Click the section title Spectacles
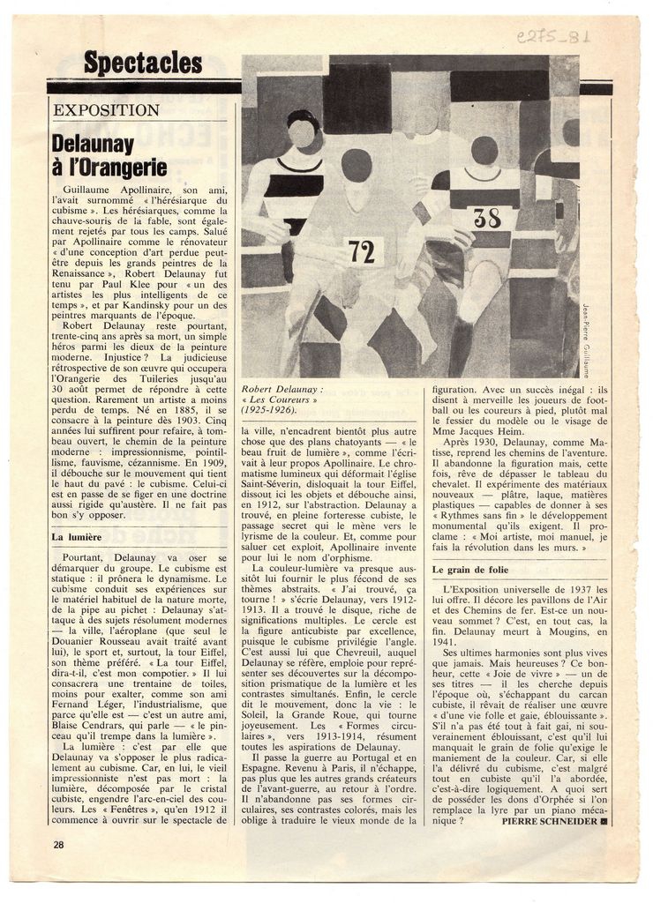(x=143, y=63)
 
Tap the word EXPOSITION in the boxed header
(x=107, y=111)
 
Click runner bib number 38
(x=486, y=218)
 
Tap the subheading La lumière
(x=78, y=536)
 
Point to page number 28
(x=58, y=844)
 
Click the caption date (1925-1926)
(x=271, y=411)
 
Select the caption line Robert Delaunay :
(x=283, y=388)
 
